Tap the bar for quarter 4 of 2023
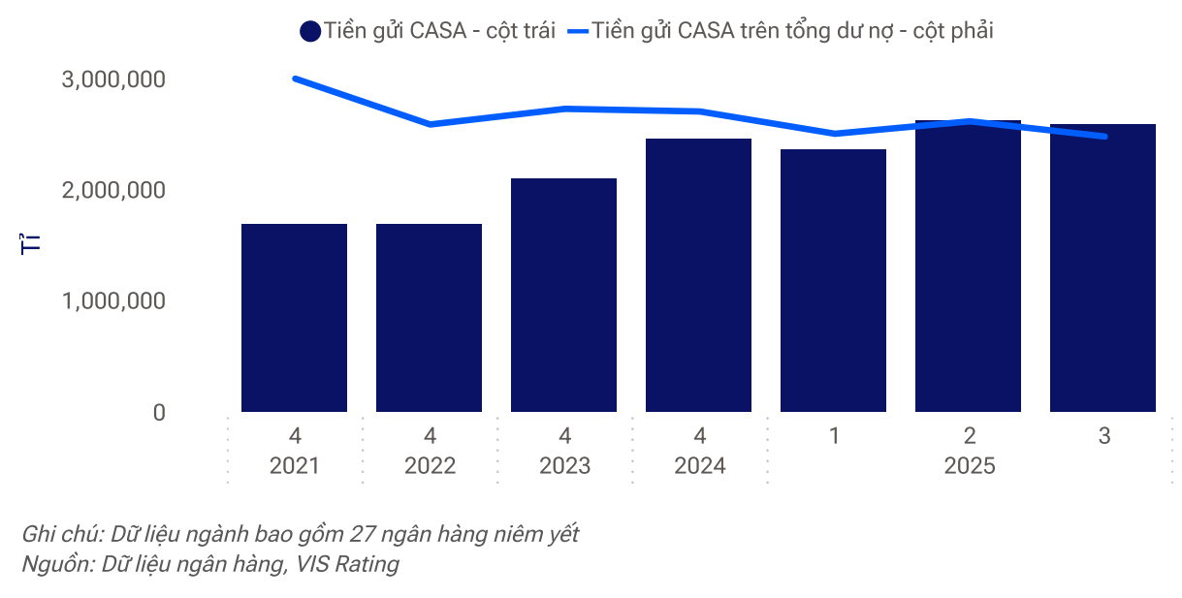tap(563, 296)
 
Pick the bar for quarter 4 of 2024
tap(698, 275)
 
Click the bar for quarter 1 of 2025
tap(833, 281)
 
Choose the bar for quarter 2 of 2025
tap(968, 267)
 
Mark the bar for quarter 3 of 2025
tap(1102, 268)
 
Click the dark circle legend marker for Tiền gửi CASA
tap(310, 31)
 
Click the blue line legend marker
tap(578, 31)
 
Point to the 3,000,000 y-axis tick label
tap(113, 79)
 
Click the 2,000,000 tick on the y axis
tap(113, 190)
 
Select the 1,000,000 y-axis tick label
tap(113, 301)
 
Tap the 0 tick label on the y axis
tap(159, 413)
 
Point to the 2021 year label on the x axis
tap(294, 466)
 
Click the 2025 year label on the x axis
tap(969, 466)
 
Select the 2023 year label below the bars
tap(564, 466)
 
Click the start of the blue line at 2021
tap(295, 79)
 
